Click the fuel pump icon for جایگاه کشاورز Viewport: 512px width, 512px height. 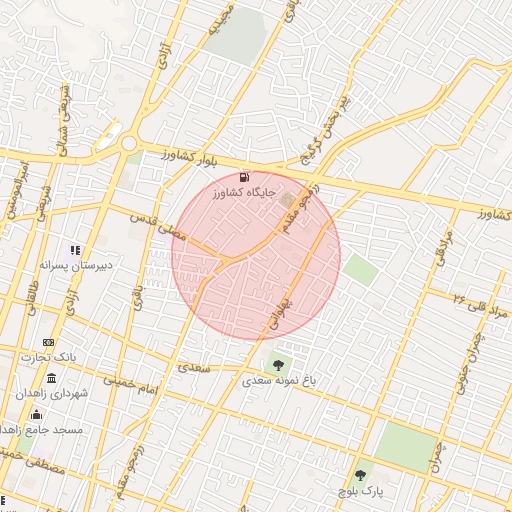click(x=245, y=177)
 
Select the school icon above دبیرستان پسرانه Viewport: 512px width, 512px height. click(x=74, y=249)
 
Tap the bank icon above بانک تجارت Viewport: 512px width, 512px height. click(x=48, y=342)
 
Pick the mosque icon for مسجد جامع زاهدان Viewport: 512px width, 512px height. click(x=38, y=414)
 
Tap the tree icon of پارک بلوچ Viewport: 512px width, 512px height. click(x=359, y=475)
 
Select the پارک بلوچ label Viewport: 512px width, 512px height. click(x=360, y=493)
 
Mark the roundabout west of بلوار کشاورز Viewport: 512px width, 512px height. click(x=129, y=144)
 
